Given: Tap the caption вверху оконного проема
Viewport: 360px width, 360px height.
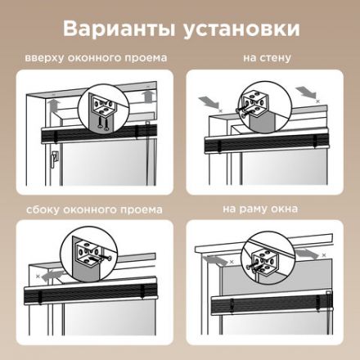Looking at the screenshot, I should (x=97, y=59).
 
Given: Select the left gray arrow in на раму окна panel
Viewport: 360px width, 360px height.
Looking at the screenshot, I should (x=214, y=259).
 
